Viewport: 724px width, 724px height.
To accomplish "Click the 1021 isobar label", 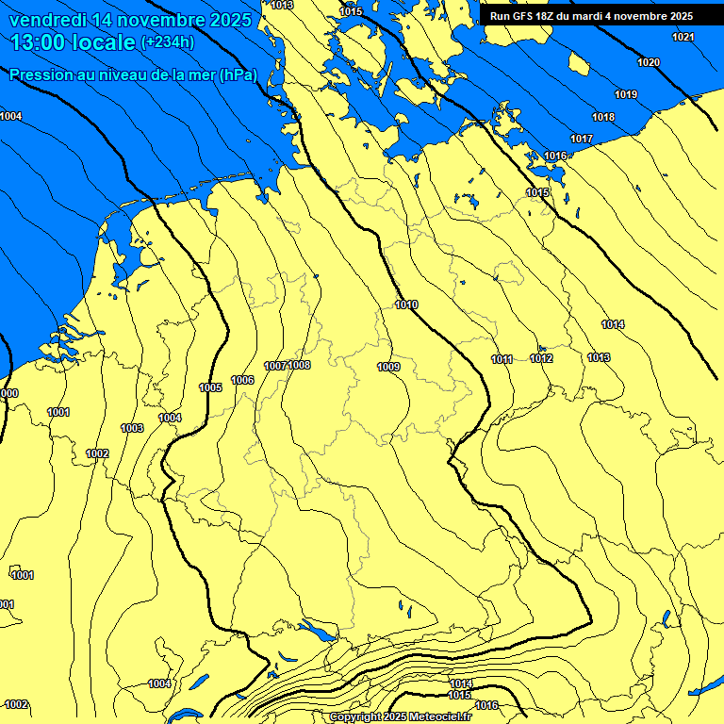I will pyautogui.click(x=683, y=37).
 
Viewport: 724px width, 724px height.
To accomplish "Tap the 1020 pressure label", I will pyautogui.click(x=649, y=62).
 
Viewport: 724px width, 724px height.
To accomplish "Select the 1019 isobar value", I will pyautogui.click(x=626, y=94).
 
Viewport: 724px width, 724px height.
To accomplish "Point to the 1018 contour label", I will pyautogui.click(x=603, y=117).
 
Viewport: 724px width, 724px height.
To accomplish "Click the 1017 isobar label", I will pyautogui.click(x=582, y=139).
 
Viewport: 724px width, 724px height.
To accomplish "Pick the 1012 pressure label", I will pyautogui.click(x=541, y=358).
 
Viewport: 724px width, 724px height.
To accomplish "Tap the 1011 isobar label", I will pyautogui.click(x=502, y=359).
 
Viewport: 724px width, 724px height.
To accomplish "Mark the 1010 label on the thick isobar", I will pyautogui.click(x=407, y=304).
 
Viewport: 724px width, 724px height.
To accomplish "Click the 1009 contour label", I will pyautogui.click(x=388, y=367).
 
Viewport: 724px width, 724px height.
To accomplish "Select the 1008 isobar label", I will pyautogui.click(x=300, y=365).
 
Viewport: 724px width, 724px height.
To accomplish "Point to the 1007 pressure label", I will pyautogui.click(x=275, y=366).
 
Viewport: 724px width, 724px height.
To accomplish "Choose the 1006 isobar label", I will pyautogui.click(x=242, y=380).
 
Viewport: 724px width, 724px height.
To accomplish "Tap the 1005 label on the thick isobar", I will pyautogui.click(x=210, y=387).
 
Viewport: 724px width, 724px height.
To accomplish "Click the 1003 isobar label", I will pyautogui.click(x=132, y=428).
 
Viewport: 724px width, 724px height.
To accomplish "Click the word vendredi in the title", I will pyautogui.click(x=52, y=20).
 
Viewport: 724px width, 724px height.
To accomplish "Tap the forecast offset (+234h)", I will pyautogui.click(x=167, y=42).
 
